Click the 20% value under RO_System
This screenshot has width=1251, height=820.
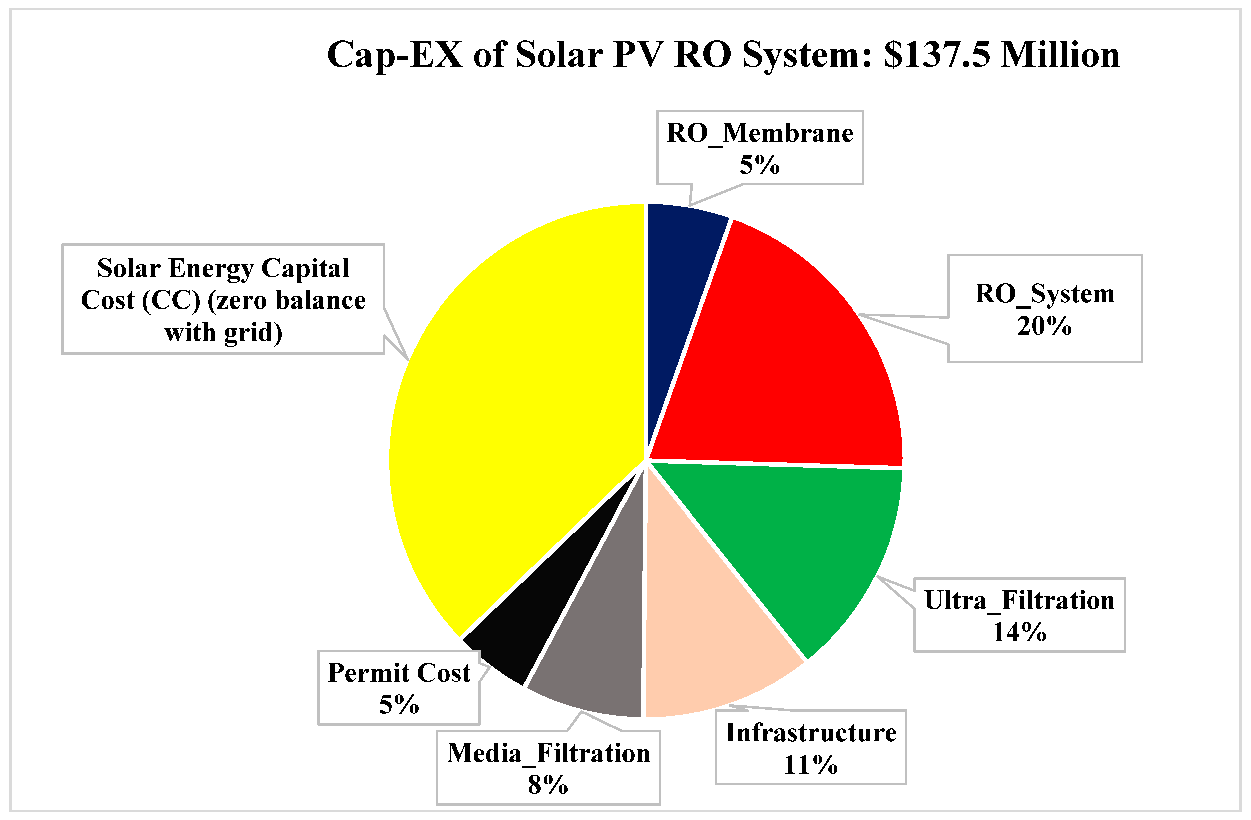[x=1044, y=326]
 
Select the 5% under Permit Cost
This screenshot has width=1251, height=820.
[x=399, y=705]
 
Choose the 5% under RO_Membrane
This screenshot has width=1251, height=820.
[x=760, y=165]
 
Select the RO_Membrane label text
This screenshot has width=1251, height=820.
[x=760, y=133]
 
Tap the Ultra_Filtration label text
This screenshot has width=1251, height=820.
[x=1019, y=600]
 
